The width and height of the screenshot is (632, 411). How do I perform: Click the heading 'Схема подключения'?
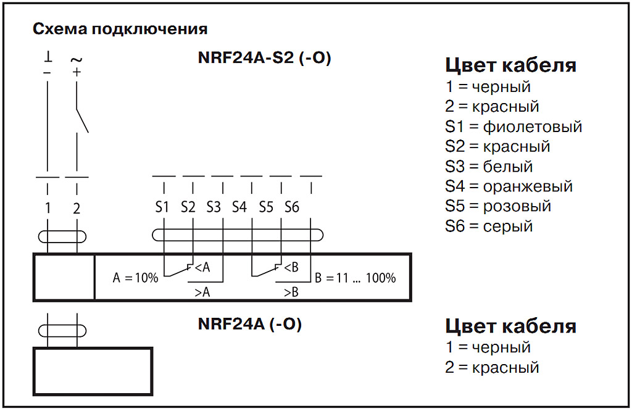click(120, 29)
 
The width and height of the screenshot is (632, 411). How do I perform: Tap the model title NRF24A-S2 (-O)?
click(265, 59)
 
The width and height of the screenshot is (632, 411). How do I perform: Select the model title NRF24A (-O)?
click(250, 324)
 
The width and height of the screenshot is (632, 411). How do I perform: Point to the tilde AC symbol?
click(77, 60)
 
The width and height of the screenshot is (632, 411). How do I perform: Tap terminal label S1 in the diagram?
click(162, 207)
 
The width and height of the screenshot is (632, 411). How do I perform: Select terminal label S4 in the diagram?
click(239, 207)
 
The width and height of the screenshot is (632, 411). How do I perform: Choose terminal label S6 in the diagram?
click(292, 207)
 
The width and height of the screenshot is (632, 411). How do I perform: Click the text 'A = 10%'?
click(136, 278)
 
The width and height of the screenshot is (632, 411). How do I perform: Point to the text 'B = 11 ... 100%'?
click(355, 278)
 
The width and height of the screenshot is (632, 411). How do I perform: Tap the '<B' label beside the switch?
click(291, 267)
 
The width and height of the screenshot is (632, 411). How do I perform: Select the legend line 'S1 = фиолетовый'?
click(513, 127)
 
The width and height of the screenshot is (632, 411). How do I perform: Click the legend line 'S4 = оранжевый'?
click(509, 186)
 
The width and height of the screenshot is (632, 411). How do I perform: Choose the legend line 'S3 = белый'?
click(488, 166)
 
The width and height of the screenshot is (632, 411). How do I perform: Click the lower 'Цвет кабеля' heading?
click(510, 326)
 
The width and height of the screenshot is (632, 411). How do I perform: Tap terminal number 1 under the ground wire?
click(48, 208)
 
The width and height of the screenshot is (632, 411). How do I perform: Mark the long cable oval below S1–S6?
click(238, 235)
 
